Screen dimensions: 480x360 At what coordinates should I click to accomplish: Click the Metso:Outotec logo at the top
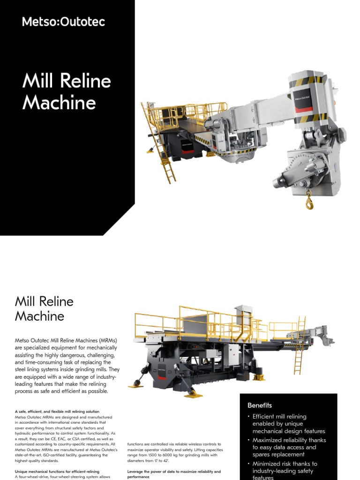coord(64,22)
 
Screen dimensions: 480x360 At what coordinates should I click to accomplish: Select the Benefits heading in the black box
coord(260,405)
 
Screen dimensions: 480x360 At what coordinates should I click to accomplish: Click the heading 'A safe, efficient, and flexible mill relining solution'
coord(57,412)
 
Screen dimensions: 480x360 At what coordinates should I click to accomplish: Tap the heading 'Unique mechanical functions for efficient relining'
coord(57,471)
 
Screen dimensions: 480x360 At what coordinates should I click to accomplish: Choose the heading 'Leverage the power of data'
coord(173,471)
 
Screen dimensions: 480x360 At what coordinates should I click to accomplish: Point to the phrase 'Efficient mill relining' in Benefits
coord(279,416)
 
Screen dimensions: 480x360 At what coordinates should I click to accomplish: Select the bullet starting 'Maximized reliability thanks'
coord(289,440)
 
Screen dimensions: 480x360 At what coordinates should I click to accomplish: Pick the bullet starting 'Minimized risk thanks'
coord(285,464)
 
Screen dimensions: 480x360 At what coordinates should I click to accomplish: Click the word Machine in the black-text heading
coord(39,316)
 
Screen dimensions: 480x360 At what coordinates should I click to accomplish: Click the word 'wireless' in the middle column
coord(187,444)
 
